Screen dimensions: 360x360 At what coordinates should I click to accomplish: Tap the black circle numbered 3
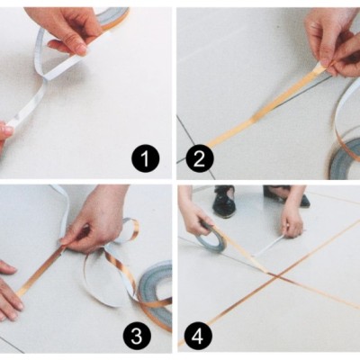pos(137,336)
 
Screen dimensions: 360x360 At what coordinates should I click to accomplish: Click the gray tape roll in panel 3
pos(155,281)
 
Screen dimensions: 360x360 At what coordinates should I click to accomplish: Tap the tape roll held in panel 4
pos(212,239)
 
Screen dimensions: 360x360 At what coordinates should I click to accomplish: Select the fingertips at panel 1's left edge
pos(5,133)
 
